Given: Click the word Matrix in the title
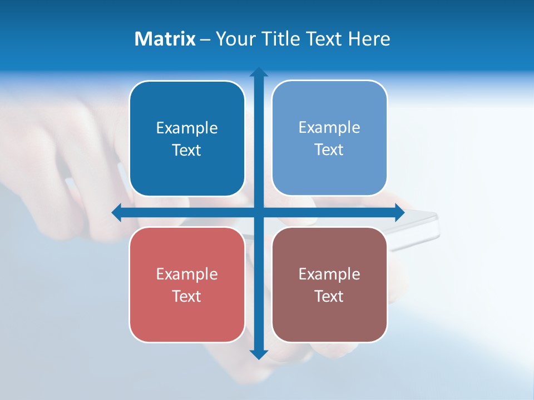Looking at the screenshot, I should coord(165,39).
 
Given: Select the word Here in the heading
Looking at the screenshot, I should coord(369,39).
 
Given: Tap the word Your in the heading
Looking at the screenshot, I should coord(234,39).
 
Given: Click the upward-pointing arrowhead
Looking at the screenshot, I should coord(259,72).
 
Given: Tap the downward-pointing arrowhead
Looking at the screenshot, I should coord(259,354).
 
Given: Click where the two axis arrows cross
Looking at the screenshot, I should coord(259,212).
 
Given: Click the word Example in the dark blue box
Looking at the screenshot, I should coord(187,128).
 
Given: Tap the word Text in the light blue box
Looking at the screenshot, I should coord(329,150).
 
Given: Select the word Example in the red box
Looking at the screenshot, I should coord(187,274).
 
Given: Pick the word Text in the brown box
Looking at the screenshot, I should coord(329,296).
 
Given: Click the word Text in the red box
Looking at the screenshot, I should coord(187,296).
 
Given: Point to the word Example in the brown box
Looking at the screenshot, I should coord(329,274).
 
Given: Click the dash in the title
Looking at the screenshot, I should coord(205,39).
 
